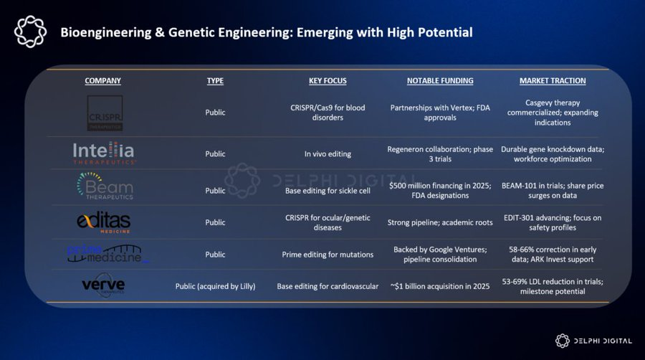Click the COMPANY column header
click(x=102, y=81)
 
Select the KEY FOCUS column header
click(x=327, y=81)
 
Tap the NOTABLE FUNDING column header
click(x=440, y=81)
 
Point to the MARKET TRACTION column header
click(x=553, y=81)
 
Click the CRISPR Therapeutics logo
click(x=105, y=113)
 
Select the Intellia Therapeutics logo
click(x=103, y=153)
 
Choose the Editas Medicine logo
click(x=104, y=222)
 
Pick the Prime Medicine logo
click(x=105, y=253)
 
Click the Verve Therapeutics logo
click(x=104, y=286)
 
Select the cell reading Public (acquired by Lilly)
click(x=215, y=286)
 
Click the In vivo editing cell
click(x=327, y=153)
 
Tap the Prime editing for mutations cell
click(x=327, y=254)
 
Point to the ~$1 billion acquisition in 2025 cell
click(x=441, y=286)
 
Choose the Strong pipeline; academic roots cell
click(x=441, y=222)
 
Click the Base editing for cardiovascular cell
click(x=327, y=286)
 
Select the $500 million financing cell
click(x=441, y=191)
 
